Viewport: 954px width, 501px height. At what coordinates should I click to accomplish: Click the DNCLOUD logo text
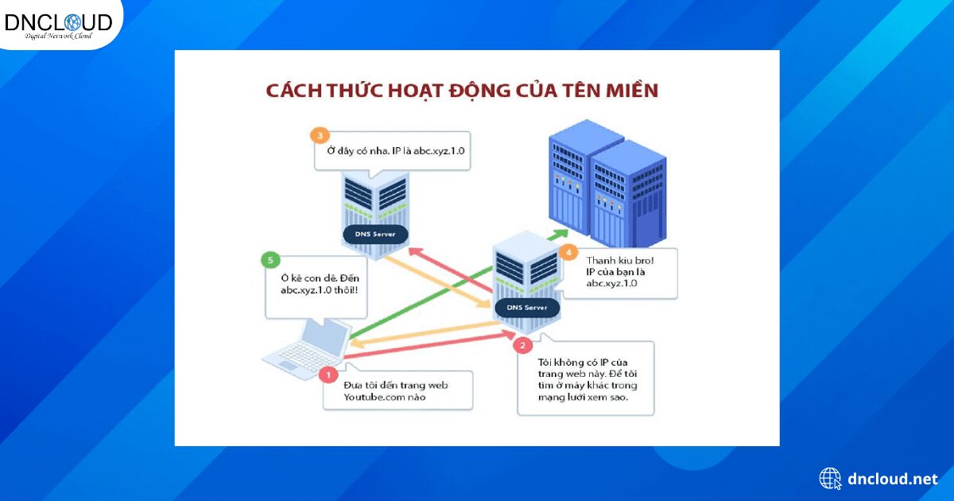point(58,21)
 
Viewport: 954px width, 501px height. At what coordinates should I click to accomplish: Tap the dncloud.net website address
point(893,479)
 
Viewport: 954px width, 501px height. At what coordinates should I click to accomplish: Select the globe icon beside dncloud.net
point(830,479)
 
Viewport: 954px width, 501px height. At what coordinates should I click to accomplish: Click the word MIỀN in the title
point(629,90)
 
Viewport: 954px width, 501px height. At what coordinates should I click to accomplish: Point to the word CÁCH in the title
point(293,90)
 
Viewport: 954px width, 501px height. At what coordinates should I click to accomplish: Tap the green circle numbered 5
point(270,260)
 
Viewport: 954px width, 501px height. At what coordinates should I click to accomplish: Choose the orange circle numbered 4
point(567,253)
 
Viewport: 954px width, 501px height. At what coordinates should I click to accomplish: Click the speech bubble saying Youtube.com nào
point(395,390)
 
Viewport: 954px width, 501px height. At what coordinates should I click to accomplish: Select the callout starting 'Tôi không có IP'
point(585,378)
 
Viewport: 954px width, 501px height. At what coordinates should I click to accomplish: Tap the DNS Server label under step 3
point(375,235)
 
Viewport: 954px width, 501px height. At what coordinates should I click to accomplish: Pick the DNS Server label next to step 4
point(525,307)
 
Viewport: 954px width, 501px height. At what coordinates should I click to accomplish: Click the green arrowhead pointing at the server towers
point(562,232)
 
